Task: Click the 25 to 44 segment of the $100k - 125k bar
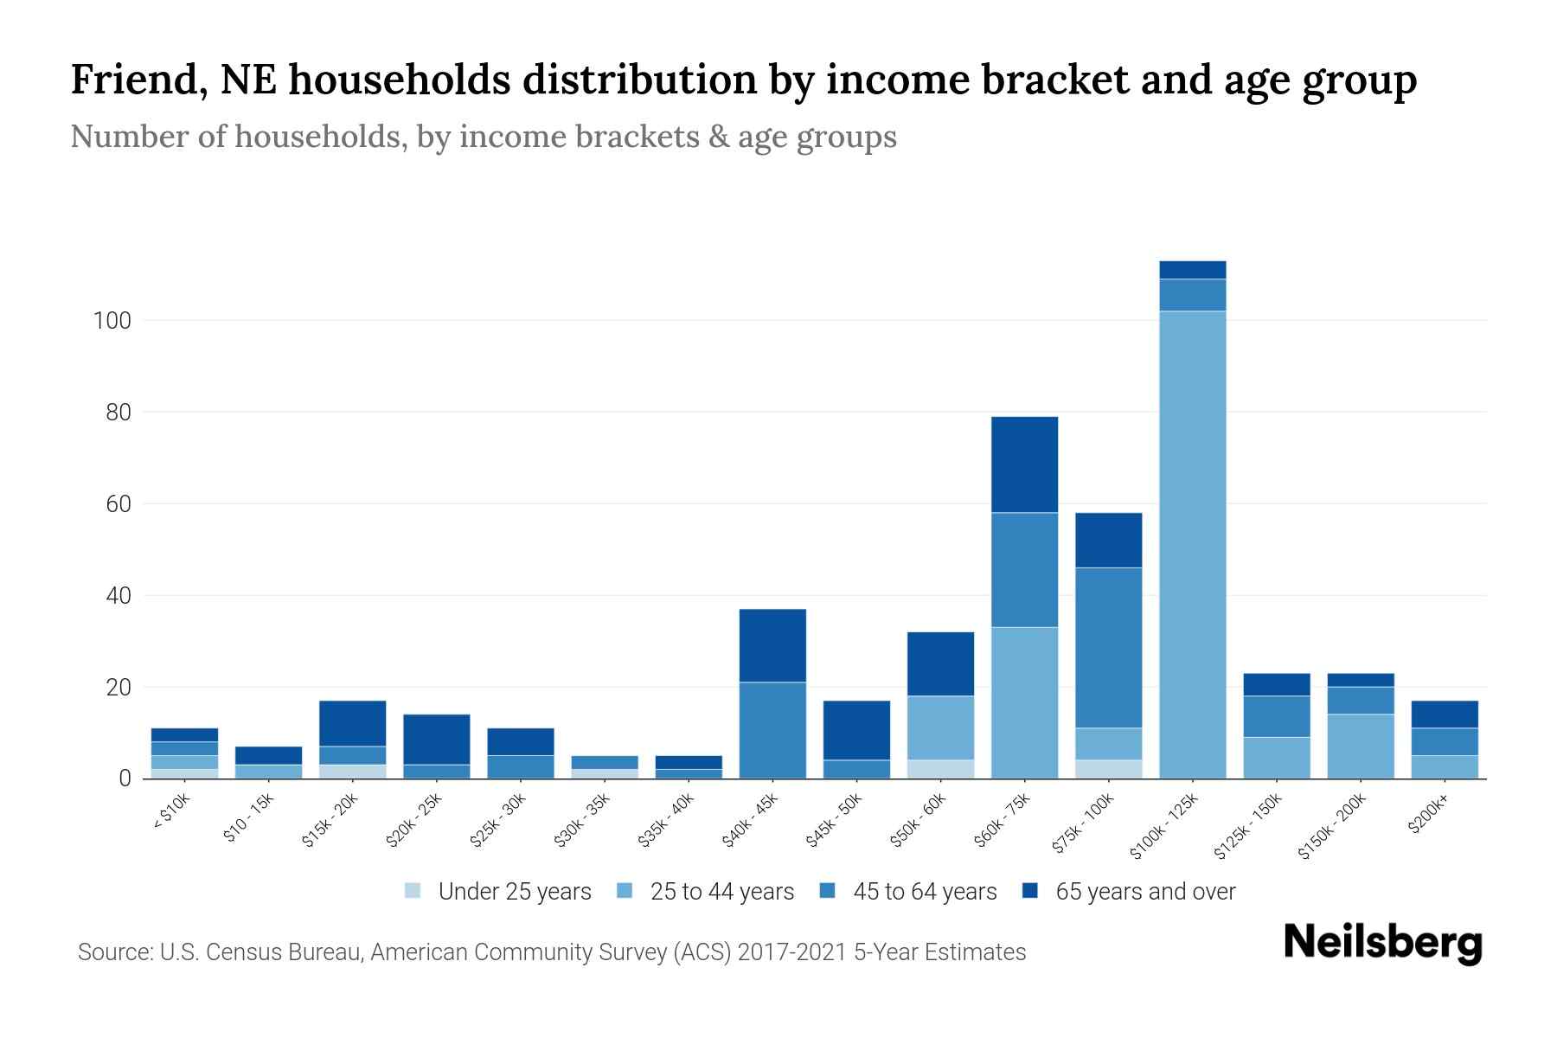(x=1192, y=545)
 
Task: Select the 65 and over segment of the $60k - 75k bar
(x=1024, y=465)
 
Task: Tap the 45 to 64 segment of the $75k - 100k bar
(x=1108, y=647)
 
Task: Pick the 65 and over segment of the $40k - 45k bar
(x=772, y=645)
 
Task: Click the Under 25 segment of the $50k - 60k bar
(x=940, y=769)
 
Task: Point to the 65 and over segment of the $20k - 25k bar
(x=437, y=739)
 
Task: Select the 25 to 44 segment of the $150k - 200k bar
(x=1361, y=746)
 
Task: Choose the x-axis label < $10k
(x=171, y=813)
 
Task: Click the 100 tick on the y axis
(x=112, y=321)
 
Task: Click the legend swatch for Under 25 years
(x=413, y=891)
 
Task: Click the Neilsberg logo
(x=1382, y=943)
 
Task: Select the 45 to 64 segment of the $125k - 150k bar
(x=1276, y=716)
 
